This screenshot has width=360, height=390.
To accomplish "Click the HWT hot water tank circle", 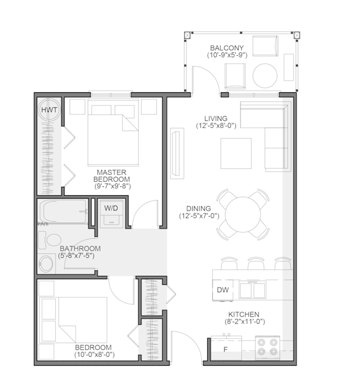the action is tap(49, 110).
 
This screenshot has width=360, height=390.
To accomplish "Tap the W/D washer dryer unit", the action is tap(112, 214).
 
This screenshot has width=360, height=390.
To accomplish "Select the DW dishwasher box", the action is tap(223, 290).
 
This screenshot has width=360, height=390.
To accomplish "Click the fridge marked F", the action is tap(226, 347).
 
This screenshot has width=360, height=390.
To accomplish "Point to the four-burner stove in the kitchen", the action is tap(268, 348).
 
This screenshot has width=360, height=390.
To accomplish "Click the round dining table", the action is tap(243, 214).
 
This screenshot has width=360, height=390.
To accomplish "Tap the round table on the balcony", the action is tap(265, 76).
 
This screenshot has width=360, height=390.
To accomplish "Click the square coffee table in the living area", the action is tap(235, 154).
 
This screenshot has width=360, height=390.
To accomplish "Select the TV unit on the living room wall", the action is tap(177, 153).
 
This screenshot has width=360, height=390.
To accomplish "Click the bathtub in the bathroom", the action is tap(63, 212).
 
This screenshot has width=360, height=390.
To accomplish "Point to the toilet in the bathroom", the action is tap(50, 240).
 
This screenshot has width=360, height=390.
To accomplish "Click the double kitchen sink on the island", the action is tap(252, 289).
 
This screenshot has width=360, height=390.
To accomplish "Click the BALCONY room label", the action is tap(227, 48).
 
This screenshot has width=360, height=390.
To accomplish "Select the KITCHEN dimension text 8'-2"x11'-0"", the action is tap(245, 321).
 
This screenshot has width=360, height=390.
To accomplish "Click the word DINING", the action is tap(198, 208).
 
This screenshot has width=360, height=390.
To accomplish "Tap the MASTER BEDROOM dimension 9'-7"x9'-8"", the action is tap(113, 186).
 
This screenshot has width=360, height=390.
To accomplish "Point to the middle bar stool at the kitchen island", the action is tap(256, 264).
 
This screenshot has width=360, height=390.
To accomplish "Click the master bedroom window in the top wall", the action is tap(110, 95).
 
